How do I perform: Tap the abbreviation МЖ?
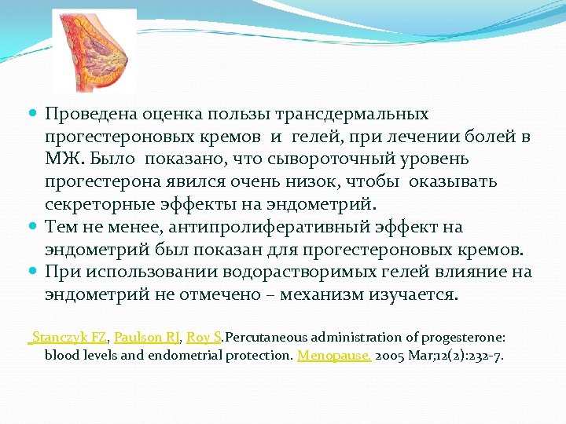[x=60, y=159]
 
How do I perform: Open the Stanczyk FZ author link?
[x=68, y=337]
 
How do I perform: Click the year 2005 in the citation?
[x=391, y=355]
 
